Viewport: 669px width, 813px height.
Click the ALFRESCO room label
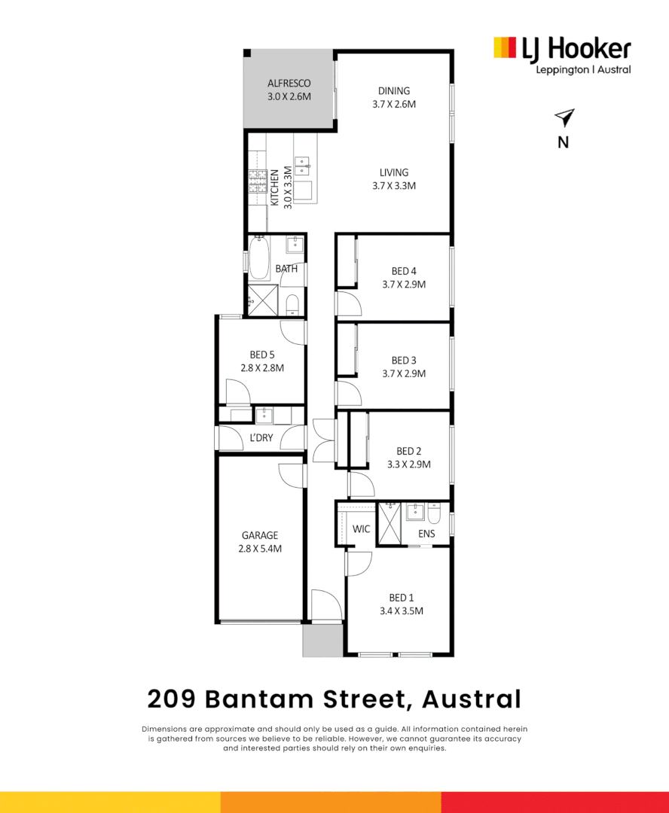pyautogui.click(x=289, y=83)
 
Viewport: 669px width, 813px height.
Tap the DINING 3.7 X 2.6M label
pyautogui.click(x=394, y=97)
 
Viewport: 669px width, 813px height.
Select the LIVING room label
pyautogui.click(x=394, y=172)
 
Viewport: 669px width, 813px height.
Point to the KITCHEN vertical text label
pyautogui.click(x=274, y=187)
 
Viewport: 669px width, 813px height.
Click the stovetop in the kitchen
pyautogui.click(x=258, y=181)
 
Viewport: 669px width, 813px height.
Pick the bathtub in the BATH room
pyautogui.click(x=259, y=257)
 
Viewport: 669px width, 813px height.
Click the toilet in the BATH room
pyautogui.click(x=293, y=305)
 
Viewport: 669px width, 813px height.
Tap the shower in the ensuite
pyautogui.click(x=389, y=523)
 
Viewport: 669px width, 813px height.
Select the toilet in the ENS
pyautogui.click(x=434, y=514)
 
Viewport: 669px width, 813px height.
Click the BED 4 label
pyautogui.click(x=404, y=271)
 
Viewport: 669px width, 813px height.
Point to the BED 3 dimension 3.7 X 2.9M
pyautogui.click(x=404, y=373)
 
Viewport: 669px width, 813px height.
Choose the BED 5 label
pyautogui.click(x=262, y=355)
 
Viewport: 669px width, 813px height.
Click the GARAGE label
pyautogui.click(x=260, y=535)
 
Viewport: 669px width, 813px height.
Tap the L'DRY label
pyautogui.click(x=261, y=437)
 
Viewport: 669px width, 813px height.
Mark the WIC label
pyautogui.click(x=361, y=529)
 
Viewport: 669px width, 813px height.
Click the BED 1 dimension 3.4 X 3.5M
pyautogui.click(x=402, y=611)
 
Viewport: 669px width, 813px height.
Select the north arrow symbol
pyautogui.click(x=565, y=117)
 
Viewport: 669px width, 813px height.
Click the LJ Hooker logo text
pyautogui.click(x=576, y=49)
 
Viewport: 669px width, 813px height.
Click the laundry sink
pyautogui.click(x=264, y=416)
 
